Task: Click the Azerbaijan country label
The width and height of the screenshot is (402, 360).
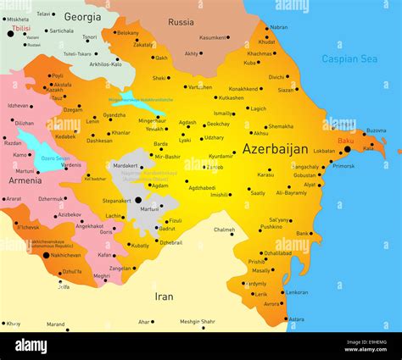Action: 275,149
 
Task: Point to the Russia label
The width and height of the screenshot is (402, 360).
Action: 181,22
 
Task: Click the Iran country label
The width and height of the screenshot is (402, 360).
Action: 164,296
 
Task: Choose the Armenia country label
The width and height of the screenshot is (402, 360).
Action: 25,180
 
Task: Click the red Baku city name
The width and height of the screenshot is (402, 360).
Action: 346,140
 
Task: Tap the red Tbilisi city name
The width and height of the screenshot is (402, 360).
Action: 20,28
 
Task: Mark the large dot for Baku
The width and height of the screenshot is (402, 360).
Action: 347,149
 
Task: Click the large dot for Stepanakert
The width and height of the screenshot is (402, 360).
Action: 138,201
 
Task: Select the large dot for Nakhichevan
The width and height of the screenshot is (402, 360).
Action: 46,254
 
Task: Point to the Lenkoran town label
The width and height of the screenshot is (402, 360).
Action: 297,292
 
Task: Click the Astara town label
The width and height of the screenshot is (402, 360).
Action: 296,319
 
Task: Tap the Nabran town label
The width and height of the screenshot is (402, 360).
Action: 278,27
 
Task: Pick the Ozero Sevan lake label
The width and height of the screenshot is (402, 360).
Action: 55,158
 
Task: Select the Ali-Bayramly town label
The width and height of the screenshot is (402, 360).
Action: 292,193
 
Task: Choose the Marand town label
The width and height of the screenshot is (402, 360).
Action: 55,324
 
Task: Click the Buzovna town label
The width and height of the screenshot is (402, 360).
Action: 376,130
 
